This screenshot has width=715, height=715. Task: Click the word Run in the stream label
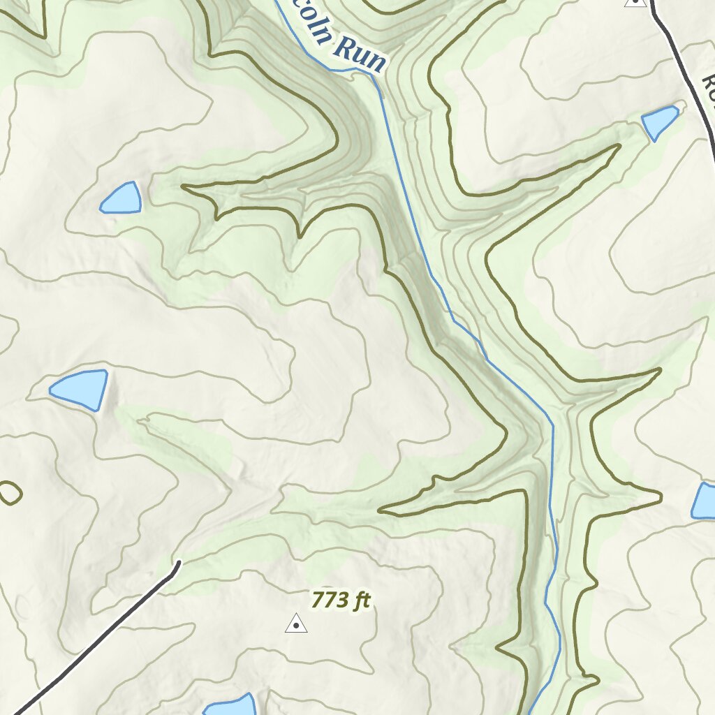[x=359, y=55]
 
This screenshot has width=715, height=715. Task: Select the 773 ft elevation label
[x=340, y=600]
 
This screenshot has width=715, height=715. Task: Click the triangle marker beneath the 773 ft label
[x=296, y=623]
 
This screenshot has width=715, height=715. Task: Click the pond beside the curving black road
[x=659, y=121]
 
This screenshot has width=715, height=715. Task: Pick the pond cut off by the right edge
[x=704, y=501]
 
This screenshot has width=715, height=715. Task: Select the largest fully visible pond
[x=80, y=389]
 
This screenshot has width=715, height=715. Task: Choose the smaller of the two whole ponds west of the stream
[x=121, y=198]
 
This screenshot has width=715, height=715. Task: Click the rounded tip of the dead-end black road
[x=177, y=564]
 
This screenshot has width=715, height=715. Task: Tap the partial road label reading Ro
[x=708, y=88]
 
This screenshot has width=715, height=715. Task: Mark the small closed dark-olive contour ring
[x=9, y=493]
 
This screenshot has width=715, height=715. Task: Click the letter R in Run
[x=343, y=48]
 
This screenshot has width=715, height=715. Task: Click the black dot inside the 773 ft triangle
[x=296, y=626]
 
